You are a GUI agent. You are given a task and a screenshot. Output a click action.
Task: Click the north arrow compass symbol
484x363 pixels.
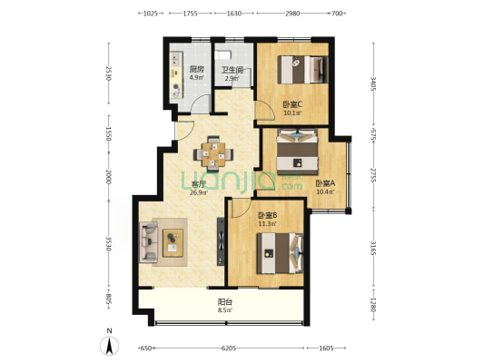pyautogui.click(x=109, y=346)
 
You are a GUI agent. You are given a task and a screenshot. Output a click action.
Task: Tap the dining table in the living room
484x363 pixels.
pyautogui.click(x=213, y=154)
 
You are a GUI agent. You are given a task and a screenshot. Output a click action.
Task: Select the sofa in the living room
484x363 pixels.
pyautogui.click(x=149, y=242)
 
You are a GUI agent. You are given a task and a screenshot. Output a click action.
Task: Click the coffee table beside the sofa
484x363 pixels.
pyautogui.click(x=173, y=242)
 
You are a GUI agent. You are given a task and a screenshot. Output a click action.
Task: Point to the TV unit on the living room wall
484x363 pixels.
pyautogui.click(x=221, y=241)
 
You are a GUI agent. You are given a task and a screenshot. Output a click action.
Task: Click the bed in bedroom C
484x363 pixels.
pyautogui.click(x=302, y=69)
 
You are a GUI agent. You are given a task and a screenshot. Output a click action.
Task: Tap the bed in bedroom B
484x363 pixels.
pyautogui.click(x=280, y=253)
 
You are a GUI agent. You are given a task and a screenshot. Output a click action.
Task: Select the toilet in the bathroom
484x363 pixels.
pyautogui.click(x=222, y=55)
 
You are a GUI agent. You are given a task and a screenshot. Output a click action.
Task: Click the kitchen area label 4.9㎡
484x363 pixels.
pyautogui.click(x=197, y=77)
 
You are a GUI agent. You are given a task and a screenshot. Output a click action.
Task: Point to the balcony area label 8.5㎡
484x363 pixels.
pyautogui.click(x=224, y=310)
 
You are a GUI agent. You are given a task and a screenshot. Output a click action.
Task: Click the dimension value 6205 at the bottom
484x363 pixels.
pyautogui.click(x=229, y=348)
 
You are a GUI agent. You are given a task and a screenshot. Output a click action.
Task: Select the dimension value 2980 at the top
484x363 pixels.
pyautogui.click(x=292, y=14)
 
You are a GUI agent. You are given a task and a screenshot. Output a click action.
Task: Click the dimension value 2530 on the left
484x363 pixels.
pyautogui.click(x=108, y=74)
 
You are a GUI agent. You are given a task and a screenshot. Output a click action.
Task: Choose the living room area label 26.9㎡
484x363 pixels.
pyautogui.click(x=199, y=193)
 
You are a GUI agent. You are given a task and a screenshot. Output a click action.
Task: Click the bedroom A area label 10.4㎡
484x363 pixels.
pyautogui.click(x=325, y=191)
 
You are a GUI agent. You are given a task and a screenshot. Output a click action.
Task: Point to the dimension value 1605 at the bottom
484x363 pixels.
pyautogui.click(x=326, y=348)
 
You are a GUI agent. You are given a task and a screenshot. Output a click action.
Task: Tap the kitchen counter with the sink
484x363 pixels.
pyautogui.click(x=176, y=75)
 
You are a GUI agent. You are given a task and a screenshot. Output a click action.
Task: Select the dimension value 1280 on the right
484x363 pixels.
pyautogui.click(x=373, y=305)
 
